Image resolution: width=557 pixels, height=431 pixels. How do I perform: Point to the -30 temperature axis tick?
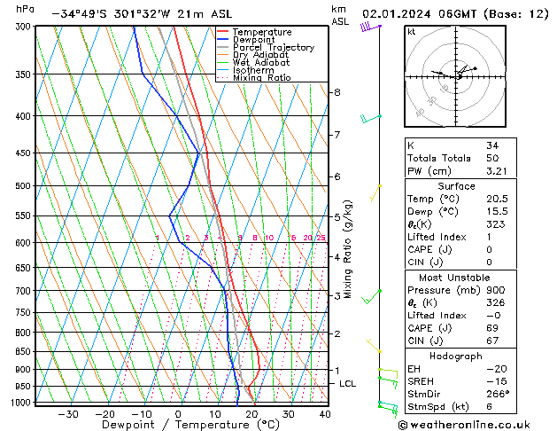coord(68,414)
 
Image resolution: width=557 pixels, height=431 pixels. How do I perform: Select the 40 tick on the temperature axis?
coord(325,414)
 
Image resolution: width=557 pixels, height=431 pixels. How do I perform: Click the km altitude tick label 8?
coord(337,92)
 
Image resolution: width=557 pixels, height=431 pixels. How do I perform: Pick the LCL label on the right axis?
coord(348,384)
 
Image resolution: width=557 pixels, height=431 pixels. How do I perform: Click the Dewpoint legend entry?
coord(250,40)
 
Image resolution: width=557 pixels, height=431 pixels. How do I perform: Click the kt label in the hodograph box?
coord(412,32)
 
